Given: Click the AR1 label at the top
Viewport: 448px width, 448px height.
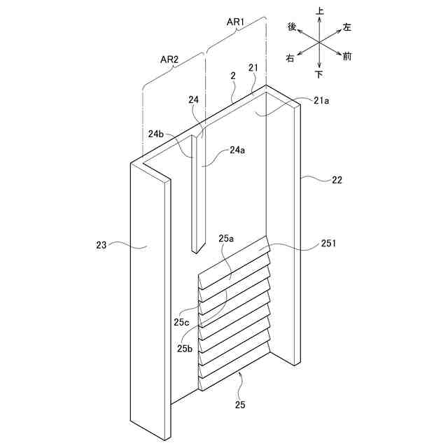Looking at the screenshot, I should [234, 22].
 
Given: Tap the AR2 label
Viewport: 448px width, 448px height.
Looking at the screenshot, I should [169, 59].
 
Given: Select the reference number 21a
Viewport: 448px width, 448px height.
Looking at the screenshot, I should [321, 101].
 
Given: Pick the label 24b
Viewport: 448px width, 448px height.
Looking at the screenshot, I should [155, 133].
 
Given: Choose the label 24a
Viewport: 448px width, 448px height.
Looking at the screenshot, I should [238, 150].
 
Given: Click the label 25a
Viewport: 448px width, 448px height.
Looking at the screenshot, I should [226, 239].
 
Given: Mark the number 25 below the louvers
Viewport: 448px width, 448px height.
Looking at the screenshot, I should [240, 404].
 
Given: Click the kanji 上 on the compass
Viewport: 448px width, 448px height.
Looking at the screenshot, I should [320, 12].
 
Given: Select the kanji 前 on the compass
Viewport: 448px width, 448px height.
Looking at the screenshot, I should [347, 56].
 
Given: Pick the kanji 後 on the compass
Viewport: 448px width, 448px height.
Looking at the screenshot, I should [293, 27].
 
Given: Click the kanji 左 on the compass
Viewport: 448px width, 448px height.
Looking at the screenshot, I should [347, 27].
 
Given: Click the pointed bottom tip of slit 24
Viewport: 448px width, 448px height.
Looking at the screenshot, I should [197, 250].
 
